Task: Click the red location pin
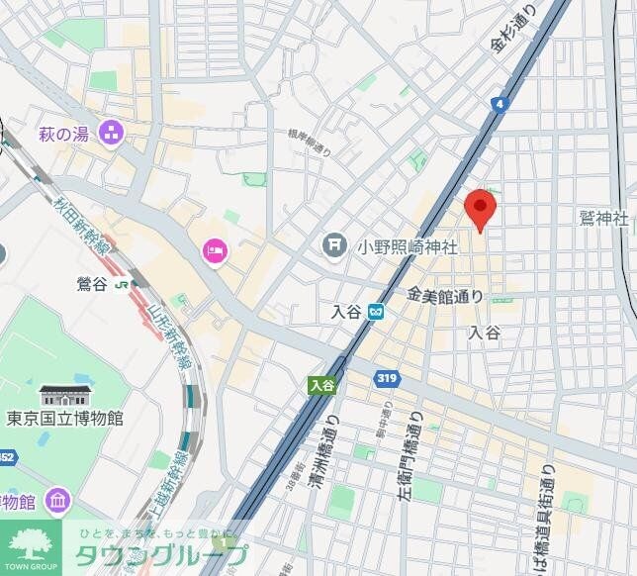point(480,207)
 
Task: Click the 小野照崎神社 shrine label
point(407,246)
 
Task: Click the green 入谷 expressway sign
point(320,385)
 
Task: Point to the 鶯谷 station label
point(90,284)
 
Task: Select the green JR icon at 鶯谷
point(122,284)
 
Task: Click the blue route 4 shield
point(500,103)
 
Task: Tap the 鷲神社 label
point(604,218)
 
